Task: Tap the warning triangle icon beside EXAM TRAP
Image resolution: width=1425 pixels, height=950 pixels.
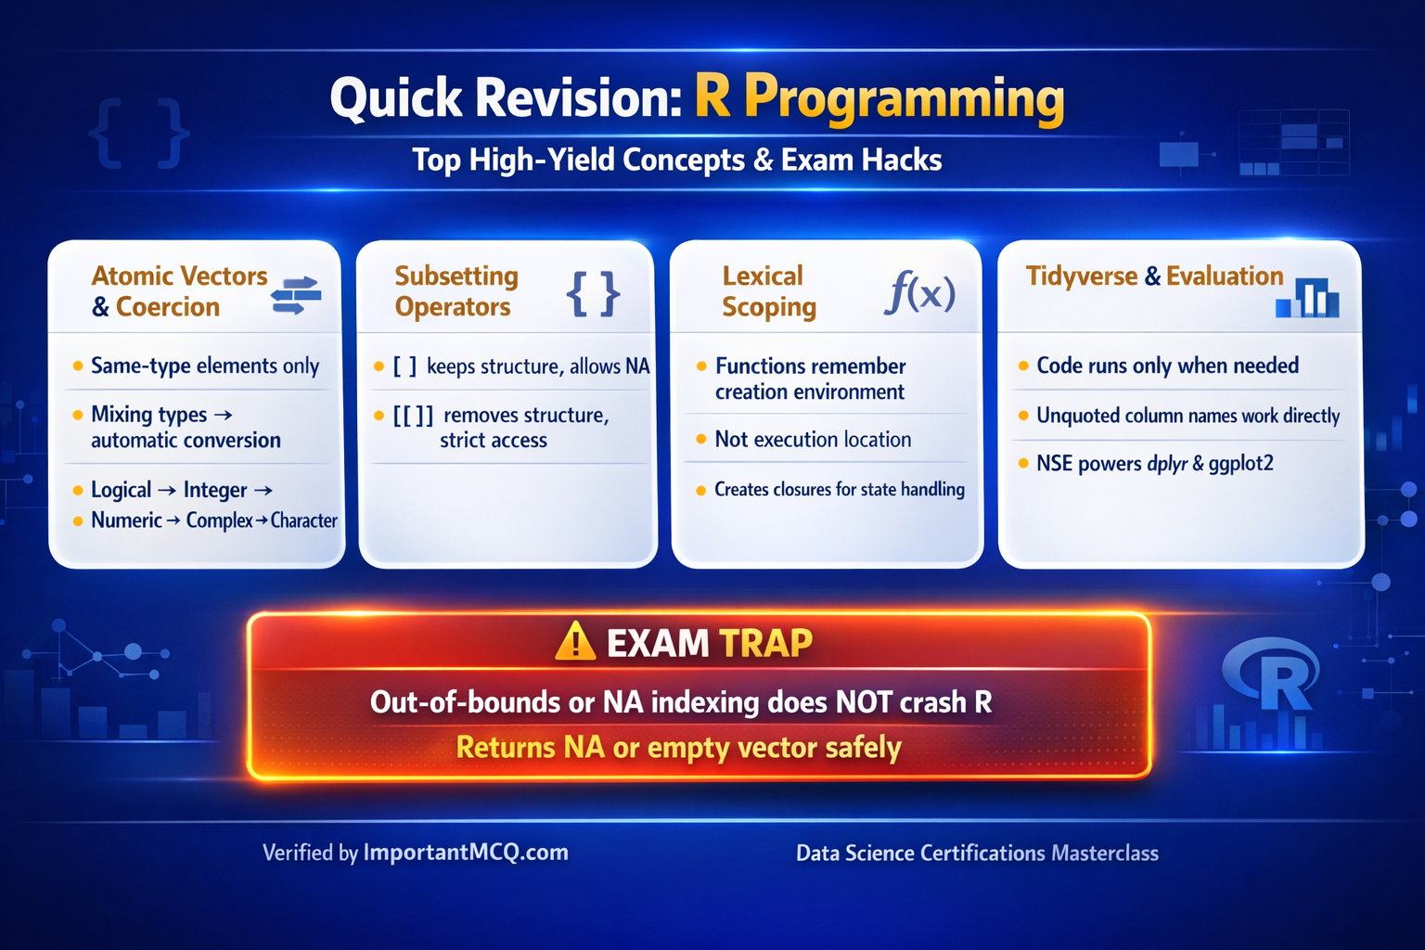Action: [574, 641]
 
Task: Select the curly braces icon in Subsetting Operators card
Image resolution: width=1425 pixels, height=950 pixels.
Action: [593, 294]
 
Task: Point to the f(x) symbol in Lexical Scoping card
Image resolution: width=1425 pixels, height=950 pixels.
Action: [919, 292]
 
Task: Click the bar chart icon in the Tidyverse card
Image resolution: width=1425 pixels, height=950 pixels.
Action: [1307, 297]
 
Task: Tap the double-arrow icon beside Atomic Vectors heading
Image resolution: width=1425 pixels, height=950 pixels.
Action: [296, 295]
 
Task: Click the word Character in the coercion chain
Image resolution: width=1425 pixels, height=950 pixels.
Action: [303, 520]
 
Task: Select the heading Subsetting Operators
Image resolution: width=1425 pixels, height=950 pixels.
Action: [455, 291]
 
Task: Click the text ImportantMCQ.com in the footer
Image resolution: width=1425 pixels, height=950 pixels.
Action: [466, 853]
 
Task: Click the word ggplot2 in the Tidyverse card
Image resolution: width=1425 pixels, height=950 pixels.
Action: [1240, 463]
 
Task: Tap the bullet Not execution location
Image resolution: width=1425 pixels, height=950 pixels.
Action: [813, 440]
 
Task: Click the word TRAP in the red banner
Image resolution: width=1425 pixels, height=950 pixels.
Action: [765, 643]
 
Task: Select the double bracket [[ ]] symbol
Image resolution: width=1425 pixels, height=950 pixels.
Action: [413, 416]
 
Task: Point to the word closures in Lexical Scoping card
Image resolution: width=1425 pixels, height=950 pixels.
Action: [799, 489]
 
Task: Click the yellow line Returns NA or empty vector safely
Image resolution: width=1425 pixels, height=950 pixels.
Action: [678, 748]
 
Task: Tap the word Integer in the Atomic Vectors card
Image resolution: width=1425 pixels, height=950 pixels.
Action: [215, 490]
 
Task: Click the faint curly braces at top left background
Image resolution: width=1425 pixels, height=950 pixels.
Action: [139, 135]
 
